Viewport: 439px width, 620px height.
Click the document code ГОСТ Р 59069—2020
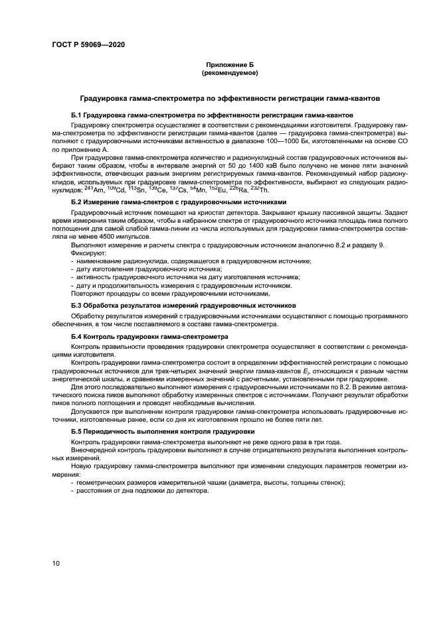(88, 44)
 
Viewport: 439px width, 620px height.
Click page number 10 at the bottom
(56, 564)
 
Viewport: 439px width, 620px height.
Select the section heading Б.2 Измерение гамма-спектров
(179, 202)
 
